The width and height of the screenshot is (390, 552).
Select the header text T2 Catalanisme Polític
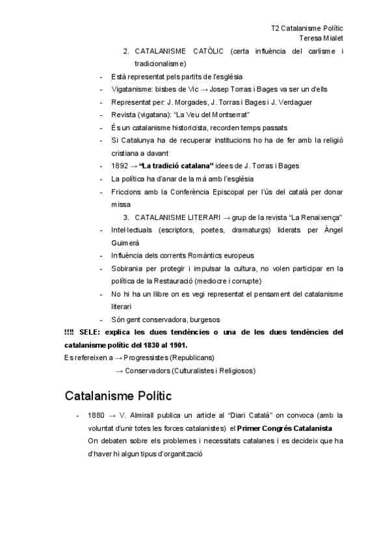point(307,29)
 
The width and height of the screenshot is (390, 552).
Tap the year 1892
point(121,166)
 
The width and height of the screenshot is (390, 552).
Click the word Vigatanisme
point(131,89)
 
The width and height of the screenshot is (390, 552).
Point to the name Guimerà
point(126,242)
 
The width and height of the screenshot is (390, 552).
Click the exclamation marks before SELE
point(69,332)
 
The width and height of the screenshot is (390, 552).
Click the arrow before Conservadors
point(119,371)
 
